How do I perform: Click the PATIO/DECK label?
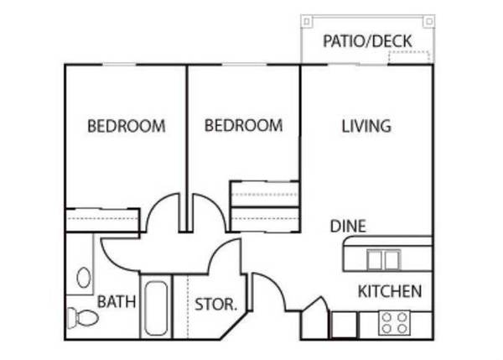point(367,41)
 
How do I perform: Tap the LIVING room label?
point(366,126)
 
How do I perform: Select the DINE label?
point(348,226)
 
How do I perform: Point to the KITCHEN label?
point(390,291)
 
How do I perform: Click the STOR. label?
point(216,304)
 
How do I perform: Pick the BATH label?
point(117,301)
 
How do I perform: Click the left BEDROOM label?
point(127,126)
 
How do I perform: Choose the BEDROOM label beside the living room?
point(243,125)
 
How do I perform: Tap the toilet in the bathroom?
point(83,318)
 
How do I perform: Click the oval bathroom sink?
point(83,278)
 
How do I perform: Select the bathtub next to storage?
point(156,308)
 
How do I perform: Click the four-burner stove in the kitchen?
point(394,323)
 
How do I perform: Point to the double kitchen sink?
point(384,260)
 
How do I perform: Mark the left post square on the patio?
point(307,22)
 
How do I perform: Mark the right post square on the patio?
point(429,22)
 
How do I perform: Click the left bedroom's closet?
point(102,220)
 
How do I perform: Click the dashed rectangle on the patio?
point(409,57)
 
